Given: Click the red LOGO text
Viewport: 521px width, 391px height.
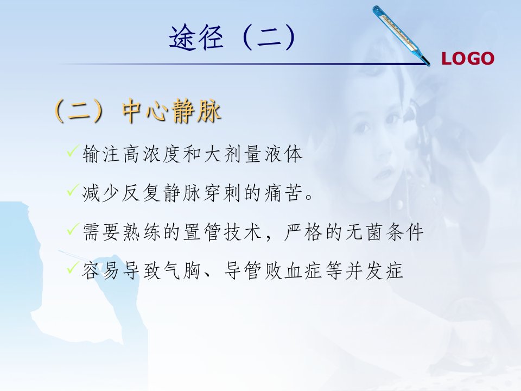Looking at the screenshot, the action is [467, 59].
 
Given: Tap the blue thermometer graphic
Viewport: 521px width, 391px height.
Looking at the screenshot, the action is [401, 36].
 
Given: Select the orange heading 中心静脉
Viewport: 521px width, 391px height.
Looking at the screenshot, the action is [171, 111].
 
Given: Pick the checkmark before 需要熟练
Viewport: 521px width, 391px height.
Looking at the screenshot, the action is [73, 229].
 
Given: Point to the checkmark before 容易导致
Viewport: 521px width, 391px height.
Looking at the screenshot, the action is [73, 267].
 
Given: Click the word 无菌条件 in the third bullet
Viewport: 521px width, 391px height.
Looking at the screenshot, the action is [384, 232].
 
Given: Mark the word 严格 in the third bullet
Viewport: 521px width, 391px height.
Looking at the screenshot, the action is [303, 232].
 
